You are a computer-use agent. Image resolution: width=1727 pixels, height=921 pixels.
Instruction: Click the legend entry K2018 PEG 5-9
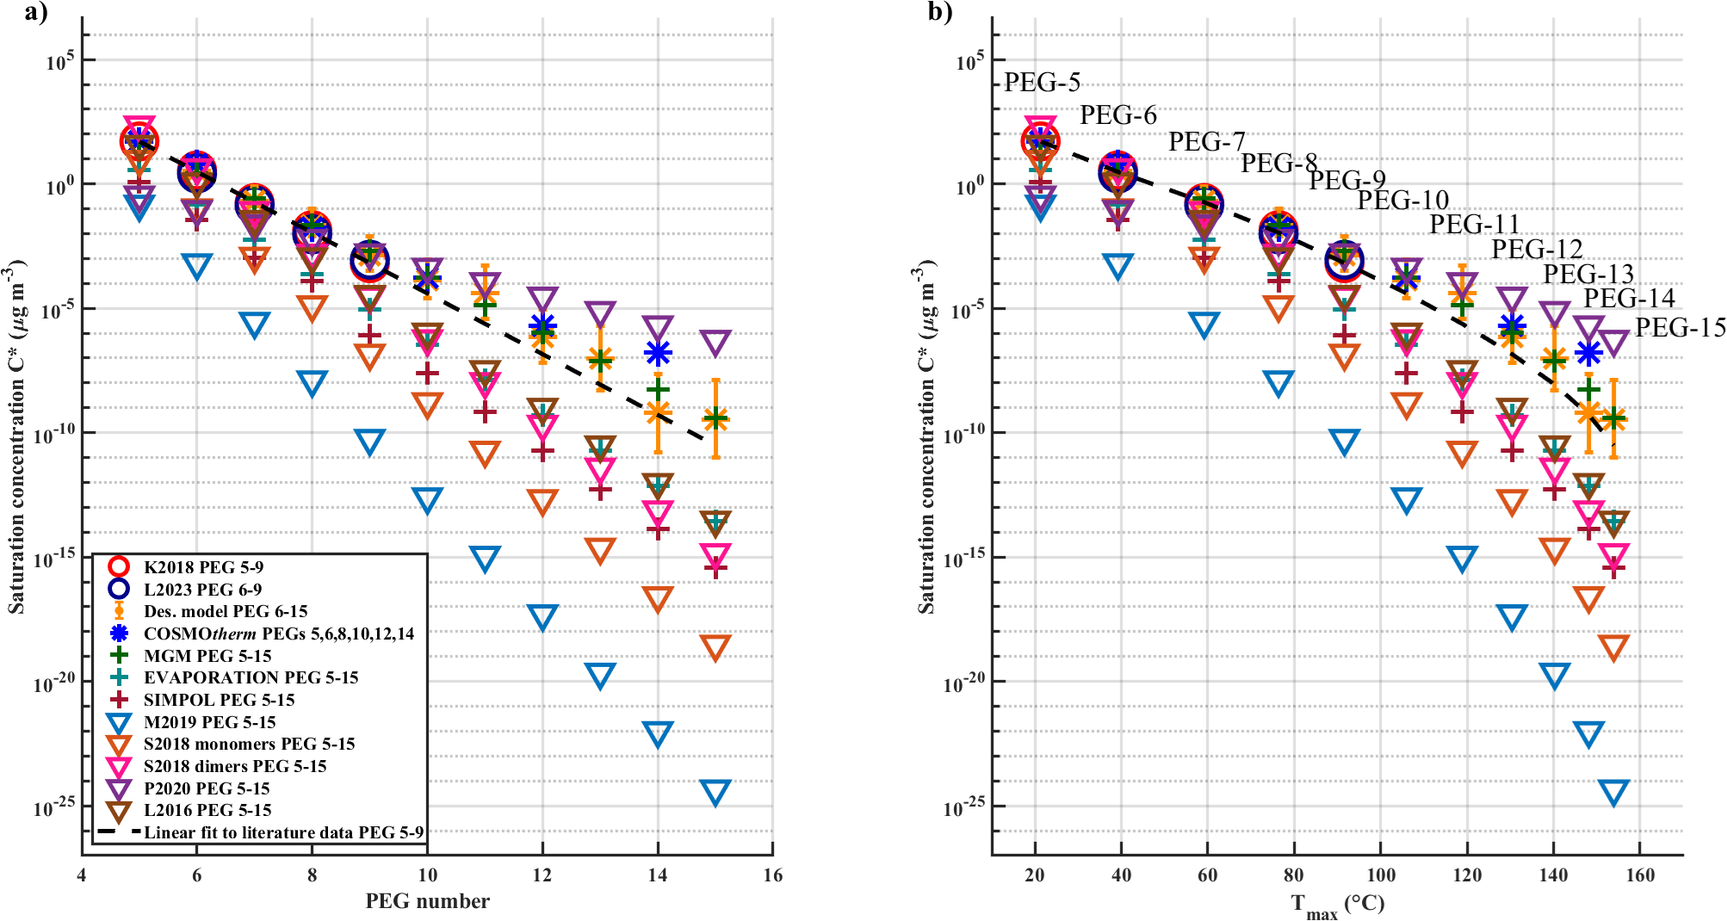(x=203, y=567)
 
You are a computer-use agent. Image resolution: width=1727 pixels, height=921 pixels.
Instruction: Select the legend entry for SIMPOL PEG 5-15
(x=219, y=700)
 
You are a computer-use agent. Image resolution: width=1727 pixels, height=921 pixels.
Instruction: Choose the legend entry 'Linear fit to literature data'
(x=283, y=832)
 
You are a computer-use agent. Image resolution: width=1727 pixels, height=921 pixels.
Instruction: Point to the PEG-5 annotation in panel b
(x=1042, y=83)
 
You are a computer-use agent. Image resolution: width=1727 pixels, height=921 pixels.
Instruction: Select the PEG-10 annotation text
(x=1403, y=201)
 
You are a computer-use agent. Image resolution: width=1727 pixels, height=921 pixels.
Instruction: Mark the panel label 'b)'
(x=940, y=12)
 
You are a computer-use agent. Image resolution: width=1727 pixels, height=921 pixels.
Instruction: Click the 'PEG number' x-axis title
(x=427, y=901)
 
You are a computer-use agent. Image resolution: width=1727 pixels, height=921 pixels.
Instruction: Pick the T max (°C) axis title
(x=1337, y=905)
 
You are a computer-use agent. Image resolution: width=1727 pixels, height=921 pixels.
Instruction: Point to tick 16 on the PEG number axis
(x=773, y=875)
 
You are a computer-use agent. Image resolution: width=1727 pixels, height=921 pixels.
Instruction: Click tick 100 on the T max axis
(x=1381, y=875)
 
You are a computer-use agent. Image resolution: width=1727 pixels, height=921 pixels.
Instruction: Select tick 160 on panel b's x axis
(x=1640, y=875)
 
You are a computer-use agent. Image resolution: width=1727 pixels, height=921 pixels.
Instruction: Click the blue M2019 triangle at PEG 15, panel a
(x=715, y=792)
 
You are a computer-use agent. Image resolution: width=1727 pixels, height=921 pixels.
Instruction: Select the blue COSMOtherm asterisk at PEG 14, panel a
(x=658, y=352)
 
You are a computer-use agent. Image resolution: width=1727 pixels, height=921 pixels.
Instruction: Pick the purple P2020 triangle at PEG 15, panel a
(x=715, y=342)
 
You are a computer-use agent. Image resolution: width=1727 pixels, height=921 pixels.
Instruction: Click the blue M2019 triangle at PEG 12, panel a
(x=542, y=616)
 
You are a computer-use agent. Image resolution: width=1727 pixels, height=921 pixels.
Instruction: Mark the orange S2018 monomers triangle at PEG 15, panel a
(x=715, y=646)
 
